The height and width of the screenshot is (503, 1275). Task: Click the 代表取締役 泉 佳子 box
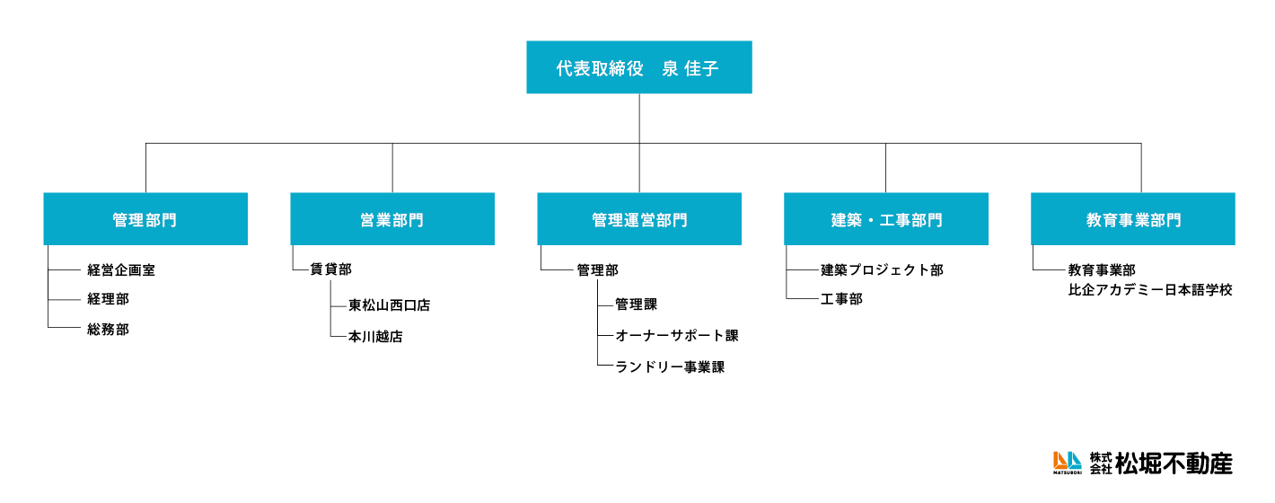pyautogui.click(x=638, y=67)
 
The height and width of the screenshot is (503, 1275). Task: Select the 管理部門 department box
pyautogui.click(x=145, y=219)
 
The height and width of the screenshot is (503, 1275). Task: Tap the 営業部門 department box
pyautogui.click(x=392, y=219)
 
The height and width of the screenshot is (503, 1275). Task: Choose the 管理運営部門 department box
pyautogui.click(x=639, y=219)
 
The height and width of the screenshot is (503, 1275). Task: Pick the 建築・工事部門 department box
pyautogui.click(x=886, y=219)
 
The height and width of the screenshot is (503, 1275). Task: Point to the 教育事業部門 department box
pyautogui.click(x=1133, y=219)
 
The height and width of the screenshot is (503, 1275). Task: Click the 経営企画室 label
pyautogui.click(x=121, y=269)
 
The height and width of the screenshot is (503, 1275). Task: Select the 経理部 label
pyautogui.click(x=108, y=299)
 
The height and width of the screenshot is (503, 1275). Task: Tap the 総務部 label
pyautogui.click(x=108, y=330)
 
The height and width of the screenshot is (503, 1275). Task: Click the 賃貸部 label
pyautogui.click(x=330, y=269)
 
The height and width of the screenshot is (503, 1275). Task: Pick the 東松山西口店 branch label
pyautogui.click(x=390, y=305)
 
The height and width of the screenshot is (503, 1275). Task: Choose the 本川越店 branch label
pyautogui.click(x=375, y=337)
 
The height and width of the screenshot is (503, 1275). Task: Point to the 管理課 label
pyautogui.click(x=636, y=305)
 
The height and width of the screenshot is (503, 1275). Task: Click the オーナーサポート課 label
pyautogui.click(x=677, y=336)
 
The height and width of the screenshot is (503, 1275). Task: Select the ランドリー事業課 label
pyautogui.click(x=670, y=366)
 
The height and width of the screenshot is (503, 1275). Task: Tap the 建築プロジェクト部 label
pyautogui.click(x=882, y=269)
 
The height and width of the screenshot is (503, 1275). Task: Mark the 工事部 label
pyautogui.click(x=841, y=299)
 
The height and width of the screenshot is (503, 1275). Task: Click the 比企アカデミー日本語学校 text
pyautogui.click(x=1150, y=290)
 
